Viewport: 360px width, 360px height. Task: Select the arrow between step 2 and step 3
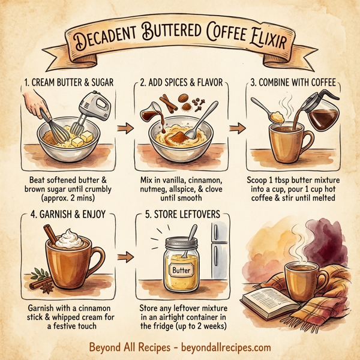click(x=238, y=128)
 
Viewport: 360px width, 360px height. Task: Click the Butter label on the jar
click(x=180, y=271)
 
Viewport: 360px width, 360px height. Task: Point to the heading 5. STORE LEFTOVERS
click(x=179, y=214)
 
